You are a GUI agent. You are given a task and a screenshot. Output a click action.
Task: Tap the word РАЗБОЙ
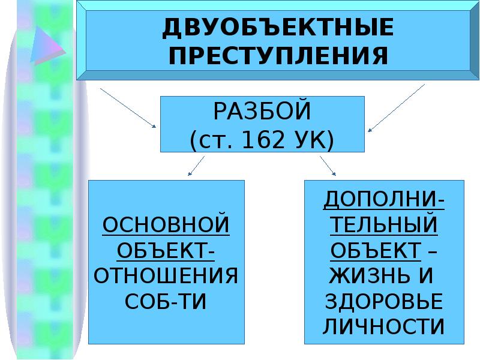(262, 112)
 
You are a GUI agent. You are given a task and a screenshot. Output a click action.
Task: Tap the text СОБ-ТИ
(166, 301)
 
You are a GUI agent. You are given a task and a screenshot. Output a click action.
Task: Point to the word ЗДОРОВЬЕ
(384, 301)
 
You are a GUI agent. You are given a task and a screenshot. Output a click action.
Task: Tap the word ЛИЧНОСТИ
(384, 327)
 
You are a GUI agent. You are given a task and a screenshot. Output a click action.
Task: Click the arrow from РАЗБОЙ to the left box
(196, 166)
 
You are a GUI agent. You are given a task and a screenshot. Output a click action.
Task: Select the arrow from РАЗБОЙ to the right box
(328, 166)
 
